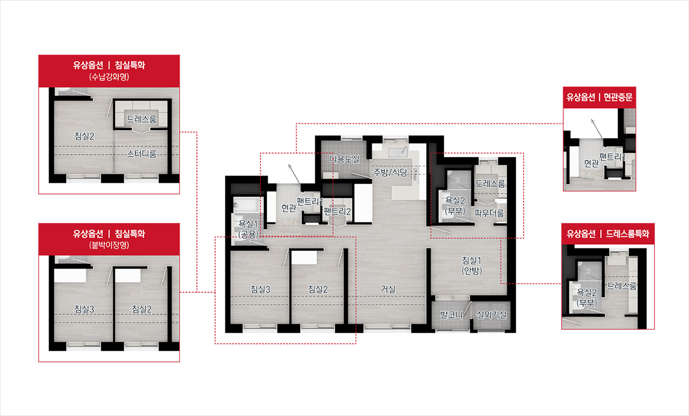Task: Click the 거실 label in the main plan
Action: click(388, 289)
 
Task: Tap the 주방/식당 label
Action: click(390, 172)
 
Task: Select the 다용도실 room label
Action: click(344, 159)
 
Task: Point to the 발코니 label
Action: click(451, 315)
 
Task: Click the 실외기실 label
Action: click(491, 315)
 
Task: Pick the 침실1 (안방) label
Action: click(471, 265)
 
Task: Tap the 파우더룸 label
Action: click(489, 213)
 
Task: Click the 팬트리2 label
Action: click(337, 211)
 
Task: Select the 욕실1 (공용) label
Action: click(248, 229)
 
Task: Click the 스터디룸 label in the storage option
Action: click(142, 154)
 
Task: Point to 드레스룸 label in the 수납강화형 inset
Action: click(142, 119)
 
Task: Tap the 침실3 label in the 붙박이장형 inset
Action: click(84, 309)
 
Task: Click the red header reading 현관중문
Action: click(599, 97)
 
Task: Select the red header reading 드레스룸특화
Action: click(608, 234)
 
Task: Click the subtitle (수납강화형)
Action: click(109, 77)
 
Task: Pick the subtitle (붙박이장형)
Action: click(109, 245)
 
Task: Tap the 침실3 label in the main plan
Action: click(260, 289)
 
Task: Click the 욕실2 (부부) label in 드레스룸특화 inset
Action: click(587, 297)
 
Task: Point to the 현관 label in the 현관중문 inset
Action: click(591, 163)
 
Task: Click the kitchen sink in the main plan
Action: click(398, 152)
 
